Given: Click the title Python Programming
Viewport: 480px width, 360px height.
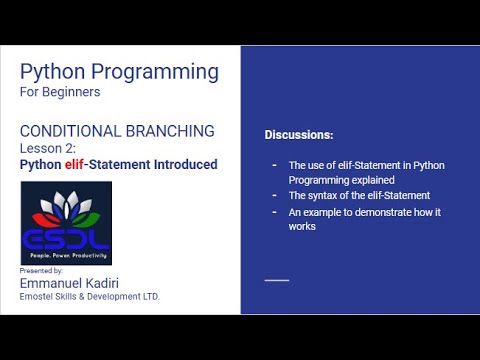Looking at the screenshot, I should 119,71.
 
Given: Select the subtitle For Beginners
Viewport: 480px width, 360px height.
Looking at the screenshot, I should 60,92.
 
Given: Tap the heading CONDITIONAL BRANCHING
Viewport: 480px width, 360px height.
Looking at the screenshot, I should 117,130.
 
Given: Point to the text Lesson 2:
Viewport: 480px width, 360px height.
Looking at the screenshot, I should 48,148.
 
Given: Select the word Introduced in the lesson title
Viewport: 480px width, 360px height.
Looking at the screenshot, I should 180,164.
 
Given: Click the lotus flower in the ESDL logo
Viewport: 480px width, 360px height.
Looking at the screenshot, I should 66,207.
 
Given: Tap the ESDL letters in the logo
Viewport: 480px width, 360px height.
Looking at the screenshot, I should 66,240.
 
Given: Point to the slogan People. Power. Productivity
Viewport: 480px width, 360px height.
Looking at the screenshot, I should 66,257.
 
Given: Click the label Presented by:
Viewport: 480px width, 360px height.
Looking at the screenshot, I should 41,271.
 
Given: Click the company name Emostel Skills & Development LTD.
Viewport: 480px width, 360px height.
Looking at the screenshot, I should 90,297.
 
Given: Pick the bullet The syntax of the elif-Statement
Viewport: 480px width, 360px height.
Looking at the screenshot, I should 358,195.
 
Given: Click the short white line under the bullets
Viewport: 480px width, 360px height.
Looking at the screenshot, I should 277,280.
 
